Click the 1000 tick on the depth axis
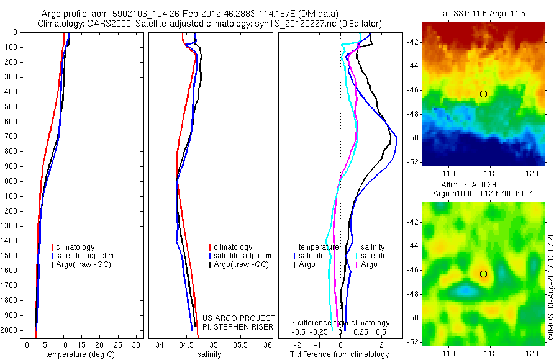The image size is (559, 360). coord(10,181)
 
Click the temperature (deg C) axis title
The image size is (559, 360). coord(78,354)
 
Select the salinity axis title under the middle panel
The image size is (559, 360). coord(209,354)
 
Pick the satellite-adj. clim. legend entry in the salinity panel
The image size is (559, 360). coord(243,256)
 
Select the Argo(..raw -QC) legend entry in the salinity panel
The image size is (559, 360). coord(241,264)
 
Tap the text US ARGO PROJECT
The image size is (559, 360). coord(243,317)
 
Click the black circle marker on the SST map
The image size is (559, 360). coord(483,94)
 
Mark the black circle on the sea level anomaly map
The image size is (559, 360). coord(483,274)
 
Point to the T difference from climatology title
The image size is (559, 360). coord(339,354)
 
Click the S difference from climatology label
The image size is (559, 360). coord(340,323)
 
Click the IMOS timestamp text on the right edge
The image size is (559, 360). coord(551,286)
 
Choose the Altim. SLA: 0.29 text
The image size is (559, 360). coord(483,186)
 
